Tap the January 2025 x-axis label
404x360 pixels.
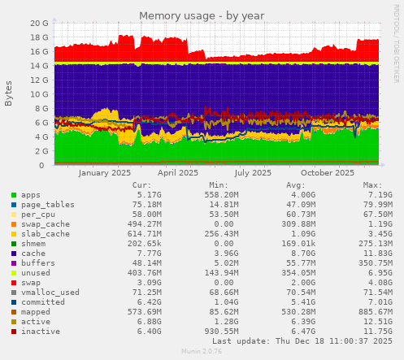[x=106, y=172]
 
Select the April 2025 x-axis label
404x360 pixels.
[x=178, y=172]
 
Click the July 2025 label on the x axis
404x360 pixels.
[x=252, y=172]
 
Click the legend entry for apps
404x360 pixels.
[x=31, y=195]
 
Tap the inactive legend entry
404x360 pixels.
[x=41, y=332]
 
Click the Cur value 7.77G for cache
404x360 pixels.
[x=154, y=253]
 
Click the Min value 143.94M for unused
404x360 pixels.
[x=220, y=272]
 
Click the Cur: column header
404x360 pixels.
[x=151, y=184]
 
